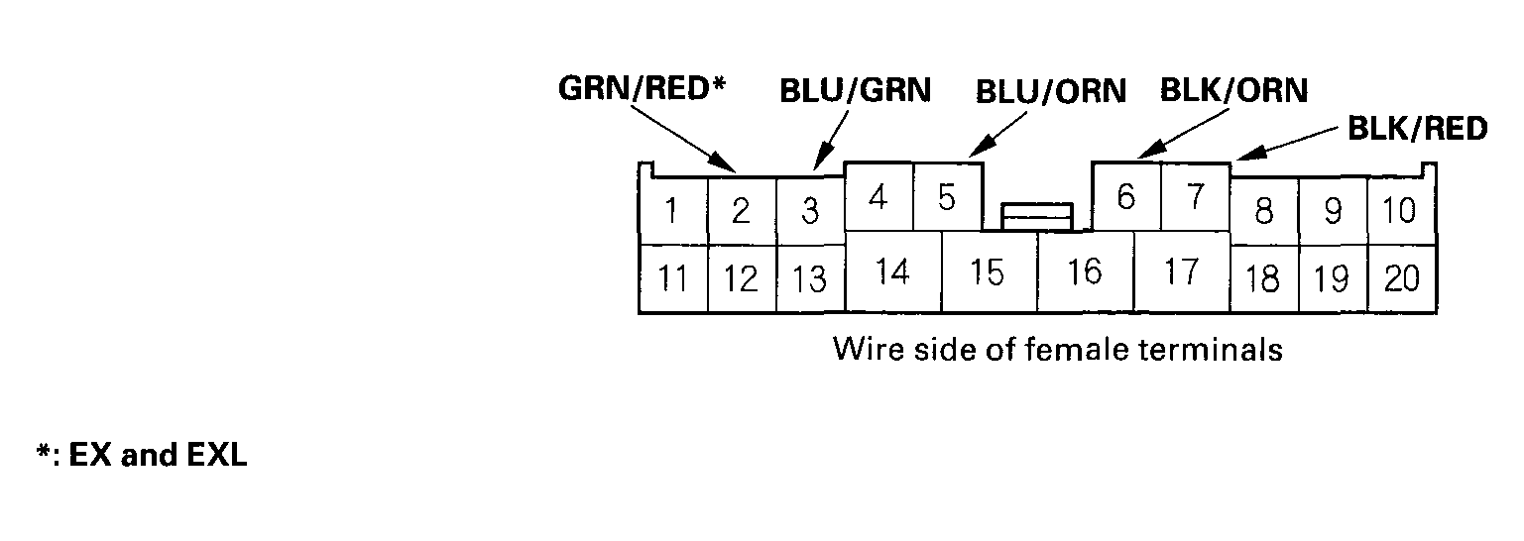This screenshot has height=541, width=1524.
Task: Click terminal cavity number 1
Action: click(673, 211)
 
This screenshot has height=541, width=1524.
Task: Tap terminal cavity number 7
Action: click(1195, 197)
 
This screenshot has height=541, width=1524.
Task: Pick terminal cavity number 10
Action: click(1400, 211)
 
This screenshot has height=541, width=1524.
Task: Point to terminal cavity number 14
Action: click(892, 271)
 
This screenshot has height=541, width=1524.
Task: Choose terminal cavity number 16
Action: click(1085, 271)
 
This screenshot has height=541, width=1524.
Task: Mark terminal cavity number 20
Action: click(1401, 278)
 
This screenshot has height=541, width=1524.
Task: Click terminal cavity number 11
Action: click(673, 278)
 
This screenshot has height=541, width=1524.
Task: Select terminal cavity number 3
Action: click(810, 211)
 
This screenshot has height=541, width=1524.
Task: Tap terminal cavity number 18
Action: click(1262, 278)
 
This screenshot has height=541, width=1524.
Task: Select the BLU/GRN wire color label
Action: click(855, 91)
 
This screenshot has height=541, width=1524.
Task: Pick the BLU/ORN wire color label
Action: click(1051, 91)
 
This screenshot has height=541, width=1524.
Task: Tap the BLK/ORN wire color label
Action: click(1233, 91)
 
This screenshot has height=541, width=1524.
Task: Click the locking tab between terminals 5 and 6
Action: click(1037, 215)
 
